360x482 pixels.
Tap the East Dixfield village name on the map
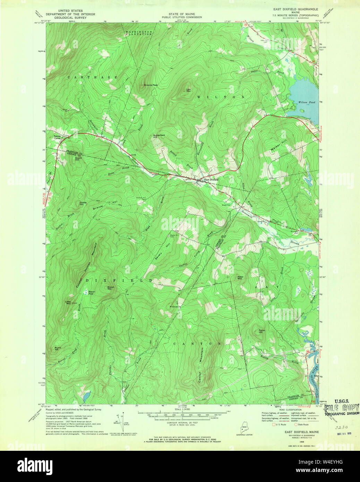[211, 180]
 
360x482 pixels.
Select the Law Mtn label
[189, 90]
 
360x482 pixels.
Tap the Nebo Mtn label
[240, 277]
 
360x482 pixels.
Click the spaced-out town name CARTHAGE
[83, 77]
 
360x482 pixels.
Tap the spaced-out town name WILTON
[221, 97]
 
